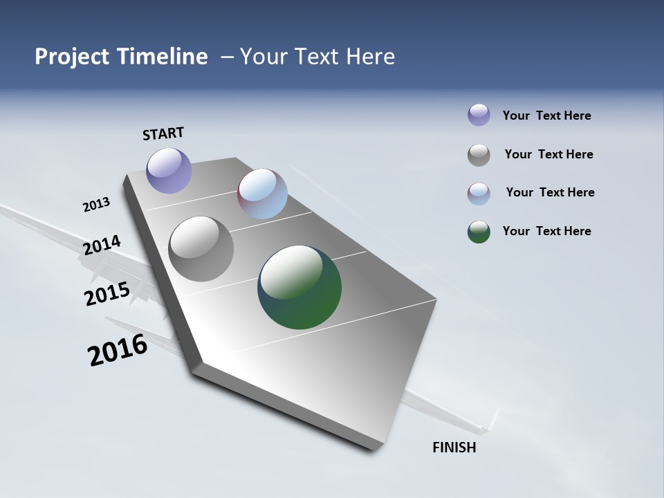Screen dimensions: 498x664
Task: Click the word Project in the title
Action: [72, 57]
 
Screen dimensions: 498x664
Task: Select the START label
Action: [163, 133]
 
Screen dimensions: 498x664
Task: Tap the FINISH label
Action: [454, 448]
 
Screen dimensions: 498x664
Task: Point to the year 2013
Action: [96, 205]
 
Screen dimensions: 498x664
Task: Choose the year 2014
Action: [102, 245]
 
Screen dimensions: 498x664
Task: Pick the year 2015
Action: [107, 293]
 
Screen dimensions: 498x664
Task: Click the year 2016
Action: [118, 349]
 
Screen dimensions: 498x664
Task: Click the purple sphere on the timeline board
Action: [169, 170]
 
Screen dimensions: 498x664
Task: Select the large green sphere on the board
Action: [299, 287]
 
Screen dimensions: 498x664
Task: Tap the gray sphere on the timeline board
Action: [201, 249]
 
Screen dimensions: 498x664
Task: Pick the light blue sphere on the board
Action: [262, 194]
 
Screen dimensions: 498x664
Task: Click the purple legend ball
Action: [479, 115]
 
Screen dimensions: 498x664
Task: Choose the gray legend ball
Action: [479, 155]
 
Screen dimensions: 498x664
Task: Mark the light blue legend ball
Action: [479, 194]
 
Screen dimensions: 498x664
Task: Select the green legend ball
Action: [479, 232]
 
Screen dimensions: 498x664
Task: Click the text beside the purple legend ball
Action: [547, 116]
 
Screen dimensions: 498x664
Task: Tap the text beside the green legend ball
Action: [547, 231]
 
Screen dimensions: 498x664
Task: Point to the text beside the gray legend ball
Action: [549, 154]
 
